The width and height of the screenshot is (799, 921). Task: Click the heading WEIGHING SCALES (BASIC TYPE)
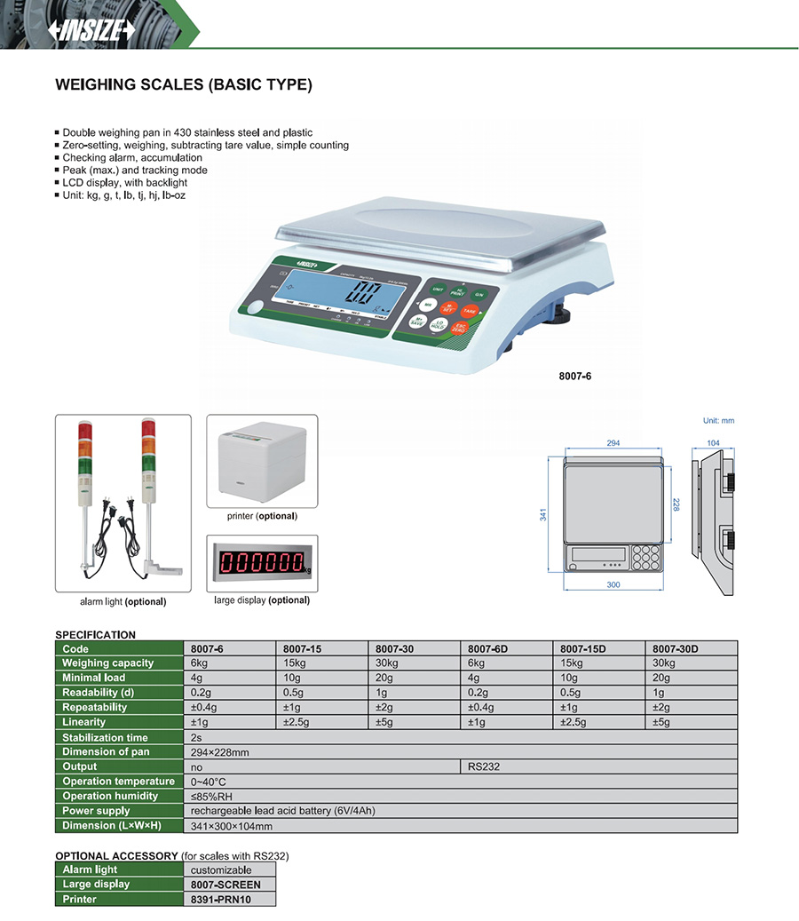[x=184, y=85]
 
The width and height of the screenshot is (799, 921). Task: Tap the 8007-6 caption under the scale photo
[x=575, y=376]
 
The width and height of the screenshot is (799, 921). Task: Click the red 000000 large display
[x=262, y=562]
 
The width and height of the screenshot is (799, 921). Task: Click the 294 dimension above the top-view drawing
[x=613, y=442]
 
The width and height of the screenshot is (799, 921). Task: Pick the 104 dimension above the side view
[x=714, y=442]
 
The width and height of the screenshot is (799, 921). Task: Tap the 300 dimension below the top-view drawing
[x=613, y=585]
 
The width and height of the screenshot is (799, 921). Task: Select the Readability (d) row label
[x=99, y=693]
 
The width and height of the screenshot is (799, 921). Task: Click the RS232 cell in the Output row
[x=479, y=766]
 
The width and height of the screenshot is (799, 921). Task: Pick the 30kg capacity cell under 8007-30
[x=388, y=663]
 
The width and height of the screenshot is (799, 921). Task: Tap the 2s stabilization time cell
[x=196, y=737]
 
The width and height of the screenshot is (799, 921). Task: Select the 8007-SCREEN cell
[x=226, y=885]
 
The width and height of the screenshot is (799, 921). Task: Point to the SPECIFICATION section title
[x=96, y=634]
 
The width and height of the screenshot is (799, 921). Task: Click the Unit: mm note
[x=718, y=421]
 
